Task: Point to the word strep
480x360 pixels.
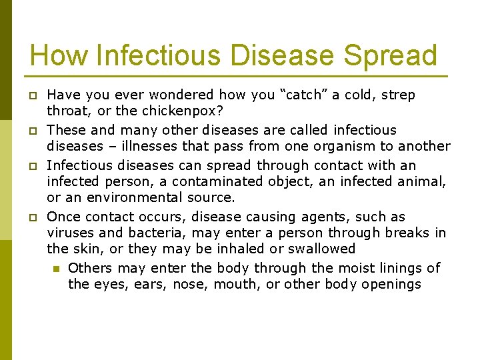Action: pyautogui.click(x=397, y=95)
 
